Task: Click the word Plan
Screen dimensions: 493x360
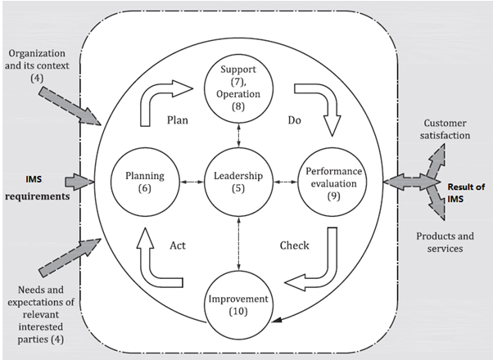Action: click(178, 120)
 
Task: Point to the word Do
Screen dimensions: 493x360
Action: click(294, 120)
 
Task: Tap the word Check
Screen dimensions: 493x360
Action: click(294, 245)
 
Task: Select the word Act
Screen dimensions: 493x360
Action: click(178, 245)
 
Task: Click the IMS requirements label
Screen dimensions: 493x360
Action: click(37, 188)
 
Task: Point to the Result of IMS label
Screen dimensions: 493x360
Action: click(466, 192)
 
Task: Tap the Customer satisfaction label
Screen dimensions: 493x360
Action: click(445, 129)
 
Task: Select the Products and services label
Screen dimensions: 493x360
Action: click(445, 242)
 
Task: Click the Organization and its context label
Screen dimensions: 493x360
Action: click(37, 65)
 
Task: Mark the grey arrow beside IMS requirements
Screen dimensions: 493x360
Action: click(80, 182)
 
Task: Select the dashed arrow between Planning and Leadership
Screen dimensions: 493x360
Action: click(192, 182)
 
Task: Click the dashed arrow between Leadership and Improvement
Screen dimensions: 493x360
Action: click(238, 244)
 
